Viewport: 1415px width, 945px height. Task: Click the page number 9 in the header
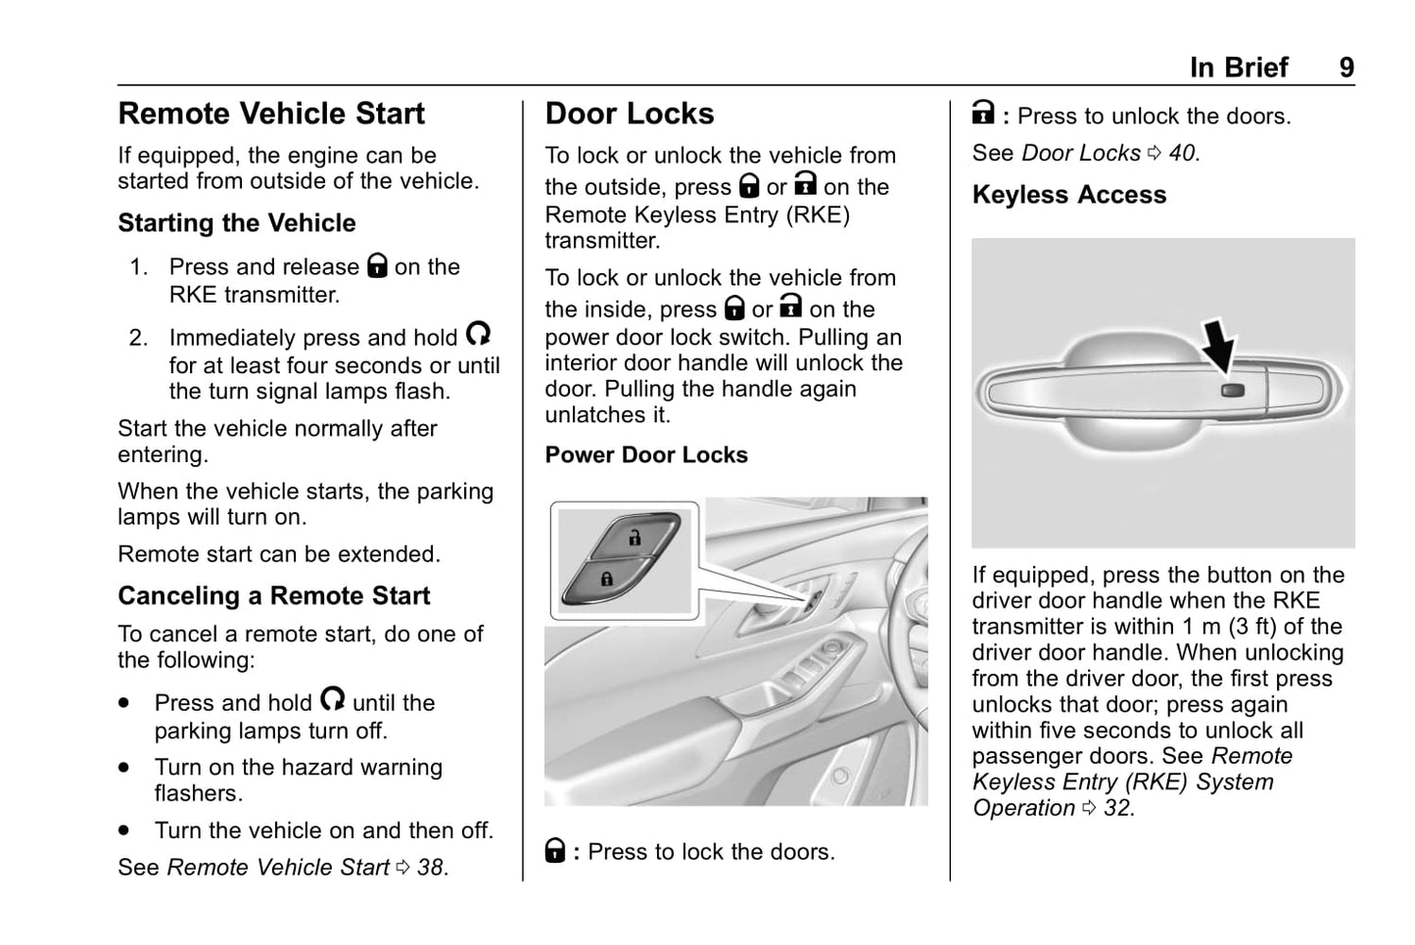(1346, 68)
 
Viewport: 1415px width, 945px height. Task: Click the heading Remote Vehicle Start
(271, 114)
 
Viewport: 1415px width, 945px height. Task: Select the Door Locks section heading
(630, 114)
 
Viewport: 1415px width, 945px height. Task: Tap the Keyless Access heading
(1069, 195)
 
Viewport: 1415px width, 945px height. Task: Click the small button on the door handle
(1233, 390)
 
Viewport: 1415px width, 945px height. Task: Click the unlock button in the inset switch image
(634, 538)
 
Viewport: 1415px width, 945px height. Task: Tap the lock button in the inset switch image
(606, 579)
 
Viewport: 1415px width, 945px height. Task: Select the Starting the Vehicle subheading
(237, 223)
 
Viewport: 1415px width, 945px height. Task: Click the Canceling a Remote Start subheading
(274, 596)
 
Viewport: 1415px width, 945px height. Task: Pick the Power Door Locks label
(646, 455)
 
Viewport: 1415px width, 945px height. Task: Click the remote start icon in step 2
(478, 335)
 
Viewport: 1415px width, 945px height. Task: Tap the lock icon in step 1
(377, 265)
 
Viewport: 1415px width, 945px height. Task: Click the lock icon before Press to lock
(555, 850)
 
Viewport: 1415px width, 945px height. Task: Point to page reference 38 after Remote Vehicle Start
(430, 868)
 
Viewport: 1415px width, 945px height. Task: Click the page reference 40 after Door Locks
(1182, 154)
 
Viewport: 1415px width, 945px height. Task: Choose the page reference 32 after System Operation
(1117, 808)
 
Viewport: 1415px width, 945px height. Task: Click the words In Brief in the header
(1239, 68)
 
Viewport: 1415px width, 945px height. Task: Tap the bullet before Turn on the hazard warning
(124, 768)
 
